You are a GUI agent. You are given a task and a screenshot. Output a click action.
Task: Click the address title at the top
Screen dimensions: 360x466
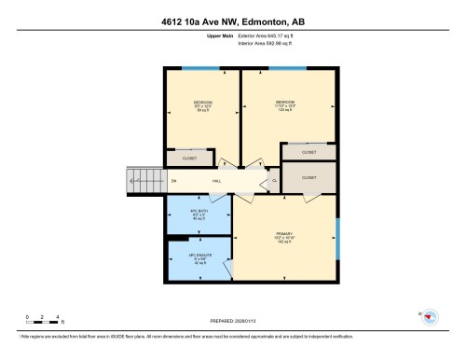point(232,13)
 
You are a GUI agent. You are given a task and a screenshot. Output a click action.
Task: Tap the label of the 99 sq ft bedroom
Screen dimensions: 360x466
point(202,105)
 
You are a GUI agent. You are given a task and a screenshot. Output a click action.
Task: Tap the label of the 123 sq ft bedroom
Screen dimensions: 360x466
point(285,104)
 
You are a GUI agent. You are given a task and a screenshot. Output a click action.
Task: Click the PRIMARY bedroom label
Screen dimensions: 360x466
point(285,236)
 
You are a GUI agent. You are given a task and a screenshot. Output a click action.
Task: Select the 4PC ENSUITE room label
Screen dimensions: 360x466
point(199,257)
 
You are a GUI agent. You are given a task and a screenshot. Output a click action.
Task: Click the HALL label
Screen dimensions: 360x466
point(216,180)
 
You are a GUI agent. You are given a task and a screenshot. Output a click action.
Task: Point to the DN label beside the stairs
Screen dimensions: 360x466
point(173,180)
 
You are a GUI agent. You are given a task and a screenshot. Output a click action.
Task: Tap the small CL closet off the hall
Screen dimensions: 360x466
point(274,180)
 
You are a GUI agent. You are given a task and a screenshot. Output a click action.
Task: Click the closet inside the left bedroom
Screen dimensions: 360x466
point(189,159)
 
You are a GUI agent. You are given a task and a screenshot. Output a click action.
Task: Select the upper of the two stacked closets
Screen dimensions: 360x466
point(308,152)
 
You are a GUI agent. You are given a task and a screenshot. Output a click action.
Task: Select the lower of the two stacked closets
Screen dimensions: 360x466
point(308,177)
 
